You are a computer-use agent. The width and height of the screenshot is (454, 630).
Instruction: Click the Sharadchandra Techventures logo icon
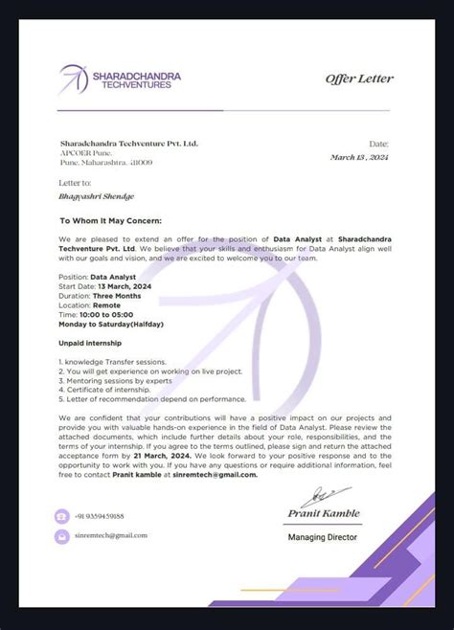click(x=73, y=79)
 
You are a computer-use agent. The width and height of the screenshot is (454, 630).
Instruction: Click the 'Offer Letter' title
click(x=359, y=79)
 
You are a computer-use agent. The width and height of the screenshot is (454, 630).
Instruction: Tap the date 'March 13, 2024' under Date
click(x=361, y=157)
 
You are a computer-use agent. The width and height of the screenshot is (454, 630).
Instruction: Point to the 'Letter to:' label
click(x=75, y=182)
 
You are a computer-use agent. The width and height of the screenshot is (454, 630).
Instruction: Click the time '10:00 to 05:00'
click(x=108, y=313)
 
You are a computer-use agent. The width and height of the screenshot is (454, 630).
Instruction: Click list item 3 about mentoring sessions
click(x=128, y=380)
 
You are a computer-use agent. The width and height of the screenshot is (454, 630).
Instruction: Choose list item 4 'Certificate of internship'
click(x=106, y=390)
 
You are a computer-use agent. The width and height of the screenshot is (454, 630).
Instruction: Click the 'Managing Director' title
click(x=323, y=537)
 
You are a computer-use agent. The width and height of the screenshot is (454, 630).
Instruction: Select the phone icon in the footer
click(x=61, y=516)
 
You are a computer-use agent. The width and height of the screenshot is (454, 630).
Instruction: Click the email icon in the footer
click(x=61, y=536)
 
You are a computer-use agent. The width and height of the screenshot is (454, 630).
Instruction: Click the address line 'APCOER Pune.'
click(x=81, y=153)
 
